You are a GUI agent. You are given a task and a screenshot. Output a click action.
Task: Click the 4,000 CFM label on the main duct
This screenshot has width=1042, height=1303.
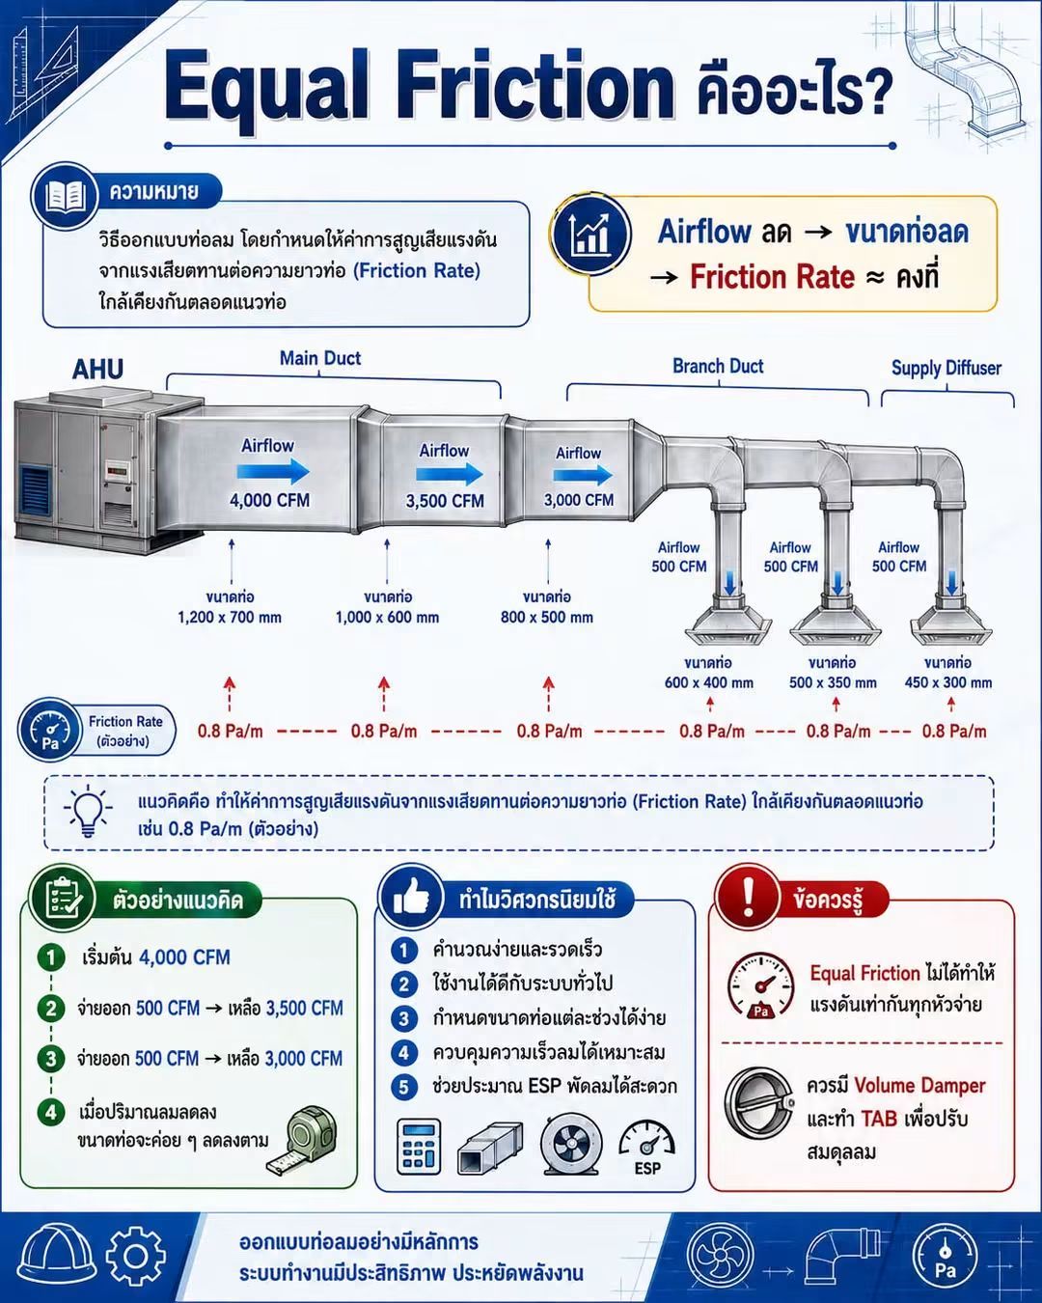(269, 500)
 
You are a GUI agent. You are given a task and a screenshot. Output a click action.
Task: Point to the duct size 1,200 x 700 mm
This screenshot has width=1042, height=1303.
(230, 617)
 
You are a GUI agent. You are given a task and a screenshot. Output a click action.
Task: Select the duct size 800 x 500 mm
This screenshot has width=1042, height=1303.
(547, 617)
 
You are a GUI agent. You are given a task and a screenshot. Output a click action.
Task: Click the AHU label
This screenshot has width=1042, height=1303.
(97, 369)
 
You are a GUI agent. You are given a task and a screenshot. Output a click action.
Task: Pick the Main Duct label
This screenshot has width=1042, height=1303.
(319, 358)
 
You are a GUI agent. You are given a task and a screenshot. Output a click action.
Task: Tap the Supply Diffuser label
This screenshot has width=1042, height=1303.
(946, 368)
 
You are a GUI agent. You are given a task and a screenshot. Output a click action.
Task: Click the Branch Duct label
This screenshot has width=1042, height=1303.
(718, 366)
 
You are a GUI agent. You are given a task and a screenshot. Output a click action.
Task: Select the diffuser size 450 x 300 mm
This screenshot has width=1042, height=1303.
(948, 682)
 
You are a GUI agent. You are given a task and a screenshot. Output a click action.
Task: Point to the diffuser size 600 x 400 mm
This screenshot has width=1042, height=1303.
(709, 682)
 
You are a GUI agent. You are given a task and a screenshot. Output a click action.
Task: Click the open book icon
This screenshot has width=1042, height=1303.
(65, 196)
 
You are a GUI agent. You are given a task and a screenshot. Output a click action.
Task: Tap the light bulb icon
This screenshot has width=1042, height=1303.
(89, 811)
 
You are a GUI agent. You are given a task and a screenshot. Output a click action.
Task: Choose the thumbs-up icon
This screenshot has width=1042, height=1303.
(412, 897)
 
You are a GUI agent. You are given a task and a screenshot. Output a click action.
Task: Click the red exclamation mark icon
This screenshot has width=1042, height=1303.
(749, 896)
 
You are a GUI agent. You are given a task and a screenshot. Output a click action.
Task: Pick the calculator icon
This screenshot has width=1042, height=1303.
(418, 1147)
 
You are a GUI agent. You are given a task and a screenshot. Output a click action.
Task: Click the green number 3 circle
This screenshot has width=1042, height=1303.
(51, 1058)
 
